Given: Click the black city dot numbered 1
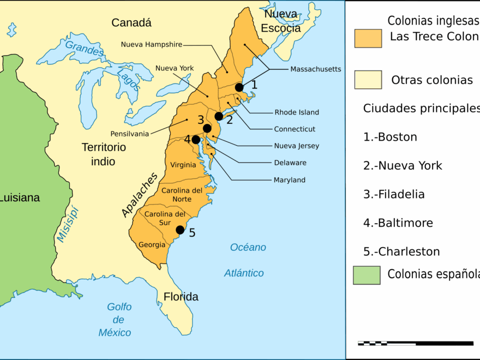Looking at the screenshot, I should click(x=239, y=87).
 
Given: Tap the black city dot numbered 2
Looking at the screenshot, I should click(x=219, y=116).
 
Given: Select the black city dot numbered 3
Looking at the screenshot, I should click(x=207, y=128).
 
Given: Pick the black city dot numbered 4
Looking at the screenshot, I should click(x=196, y=140).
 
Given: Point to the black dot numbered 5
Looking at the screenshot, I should click(x=180, y=230).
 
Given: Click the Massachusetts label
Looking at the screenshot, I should click(x=315, y=69).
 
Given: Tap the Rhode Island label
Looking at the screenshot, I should click(x=296, y=112).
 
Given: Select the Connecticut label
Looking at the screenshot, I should click(x=295, y=129).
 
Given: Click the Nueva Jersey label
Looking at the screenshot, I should click(x=296, y=146).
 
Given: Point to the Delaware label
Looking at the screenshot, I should click(x=290, y=163).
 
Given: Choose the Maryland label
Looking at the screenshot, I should click(x=289, y=180).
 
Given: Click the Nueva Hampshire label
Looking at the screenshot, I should click(x=152, y=44).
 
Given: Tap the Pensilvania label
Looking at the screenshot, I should click(x=129, y=134).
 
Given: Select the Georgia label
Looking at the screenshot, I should click(x=152, y=245).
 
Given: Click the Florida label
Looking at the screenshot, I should click(x=181, y=297).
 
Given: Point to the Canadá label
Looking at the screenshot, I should click(x=131, y=23).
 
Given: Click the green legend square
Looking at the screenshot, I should click(x=367, y=275).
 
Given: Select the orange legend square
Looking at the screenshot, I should click(x=368, y=39).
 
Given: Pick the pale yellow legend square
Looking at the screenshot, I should click(x=368, y=80).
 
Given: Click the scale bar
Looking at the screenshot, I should click(x=387, y=344).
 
